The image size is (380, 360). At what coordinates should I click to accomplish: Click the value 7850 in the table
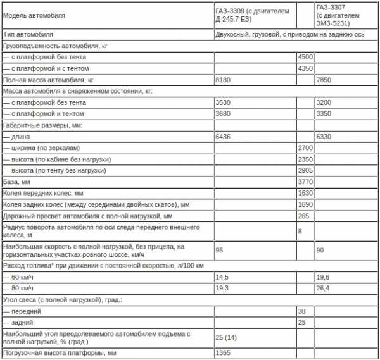click(324, 80)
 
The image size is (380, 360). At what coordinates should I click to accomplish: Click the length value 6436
click(224, 137)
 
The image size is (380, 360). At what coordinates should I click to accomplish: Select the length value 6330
click(324, 137)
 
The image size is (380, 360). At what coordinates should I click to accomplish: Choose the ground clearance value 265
click(303, 216)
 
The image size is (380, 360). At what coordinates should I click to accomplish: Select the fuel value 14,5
click(223, 278)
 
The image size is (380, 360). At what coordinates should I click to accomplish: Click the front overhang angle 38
click(301, 312)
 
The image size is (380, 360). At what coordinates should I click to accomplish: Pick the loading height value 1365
click(224, 353)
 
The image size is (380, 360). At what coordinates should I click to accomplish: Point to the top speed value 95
click(220, 251)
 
